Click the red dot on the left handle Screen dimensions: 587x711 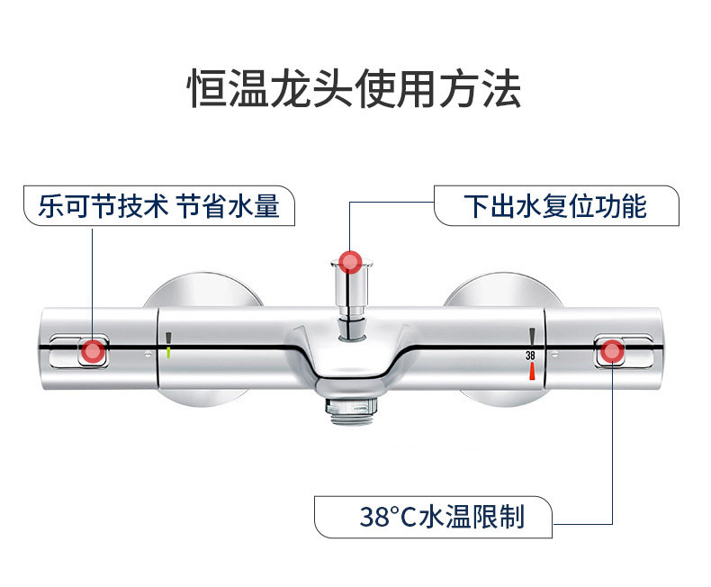point(93,352)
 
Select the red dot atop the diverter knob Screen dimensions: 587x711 point(351,262)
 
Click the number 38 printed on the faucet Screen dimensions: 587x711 point(531,357)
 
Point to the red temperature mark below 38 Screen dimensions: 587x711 point(532,371)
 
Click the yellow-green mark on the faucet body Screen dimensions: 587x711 point(168,352)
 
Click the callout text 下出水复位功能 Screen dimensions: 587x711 point(554,206)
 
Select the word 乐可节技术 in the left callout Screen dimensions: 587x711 point(103,206)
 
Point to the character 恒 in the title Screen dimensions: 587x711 point(207,90)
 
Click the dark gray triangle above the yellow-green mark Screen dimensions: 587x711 point(168,337)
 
